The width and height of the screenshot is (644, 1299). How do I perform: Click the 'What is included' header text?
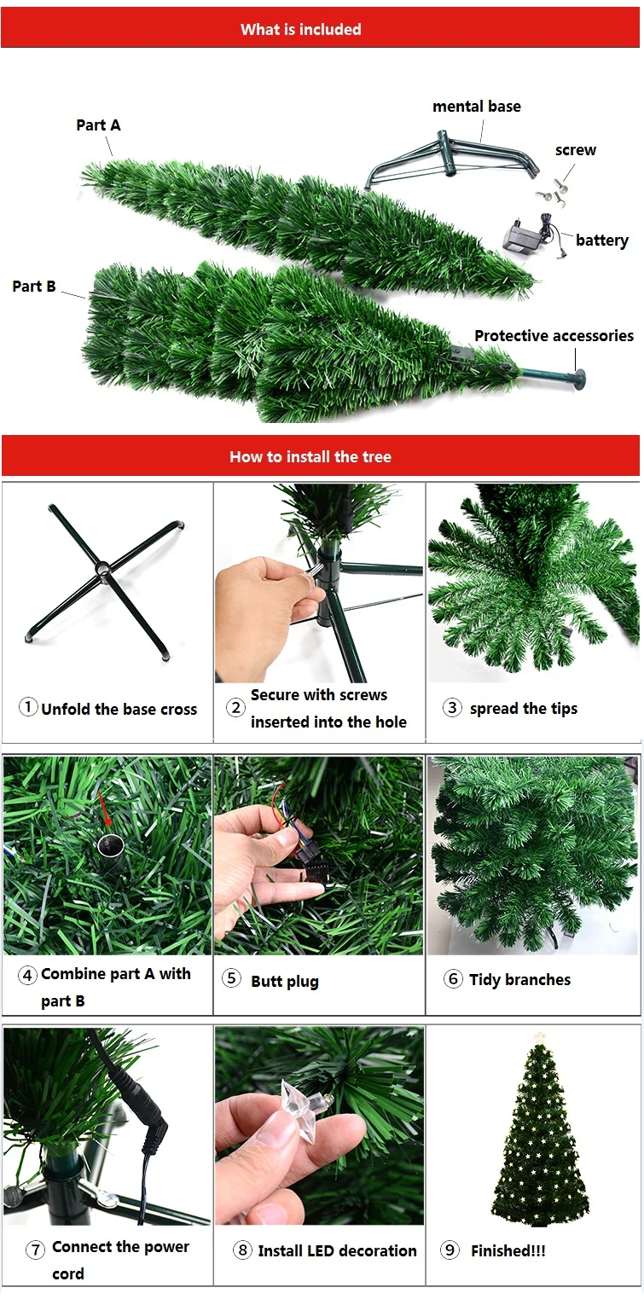[x=301, y=29]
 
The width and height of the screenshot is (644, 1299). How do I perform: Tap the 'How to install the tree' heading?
[x=310, y=456]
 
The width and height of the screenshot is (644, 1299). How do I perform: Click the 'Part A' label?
[x=98, y=125]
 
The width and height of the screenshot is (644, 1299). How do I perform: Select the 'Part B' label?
[x=34, y=286]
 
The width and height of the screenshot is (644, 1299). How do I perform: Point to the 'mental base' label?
[x=476, y=107]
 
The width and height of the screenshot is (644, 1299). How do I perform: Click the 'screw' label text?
[x=576, y=150]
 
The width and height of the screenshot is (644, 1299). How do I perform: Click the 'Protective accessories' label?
[x=554, y=335]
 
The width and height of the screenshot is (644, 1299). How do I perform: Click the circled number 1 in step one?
[x=28, y=707]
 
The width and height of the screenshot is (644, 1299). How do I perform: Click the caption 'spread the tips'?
[x=523, y=709]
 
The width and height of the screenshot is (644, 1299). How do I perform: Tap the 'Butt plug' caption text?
[x=285, y=981]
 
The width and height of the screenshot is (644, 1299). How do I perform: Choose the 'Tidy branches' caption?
[x=519, y=979]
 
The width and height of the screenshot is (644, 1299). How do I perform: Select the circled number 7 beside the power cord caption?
[x=35, y=1250]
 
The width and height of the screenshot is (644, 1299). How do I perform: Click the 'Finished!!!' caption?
[x=508, y=1250]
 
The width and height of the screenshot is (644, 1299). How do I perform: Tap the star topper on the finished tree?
[x=538, y=1037]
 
